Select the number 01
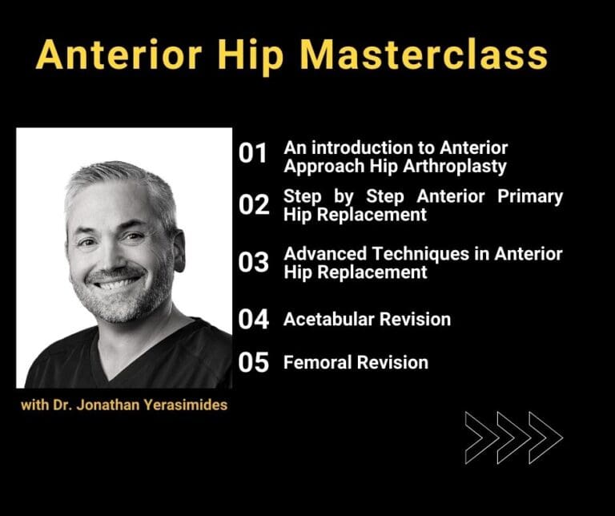[254, 155]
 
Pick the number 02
[255, 206]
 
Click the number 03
[255, 263]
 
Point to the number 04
[255, 320]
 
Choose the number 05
[255, 363]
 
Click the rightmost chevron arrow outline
[545, 438]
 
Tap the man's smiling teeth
[119, 283]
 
